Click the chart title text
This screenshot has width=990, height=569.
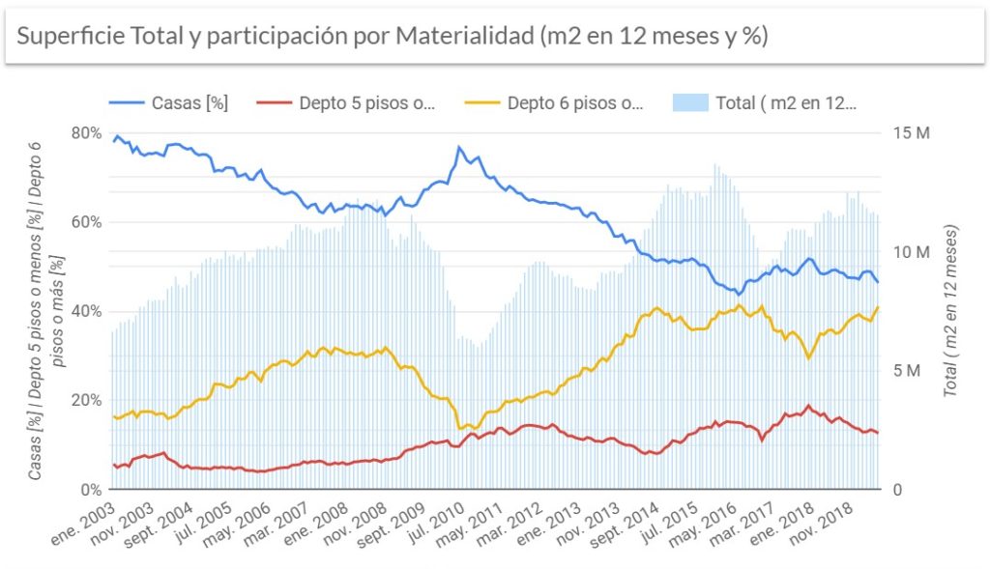pos(392,36)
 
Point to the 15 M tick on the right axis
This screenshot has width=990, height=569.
pos(911,133)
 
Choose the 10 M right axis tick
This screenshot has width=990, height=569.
pos(911,252)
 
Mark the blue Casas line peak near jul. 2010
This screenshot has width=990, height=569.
pos(459,148)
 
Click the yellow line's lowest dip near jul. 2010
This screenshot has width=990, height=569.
pos(459,428)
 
